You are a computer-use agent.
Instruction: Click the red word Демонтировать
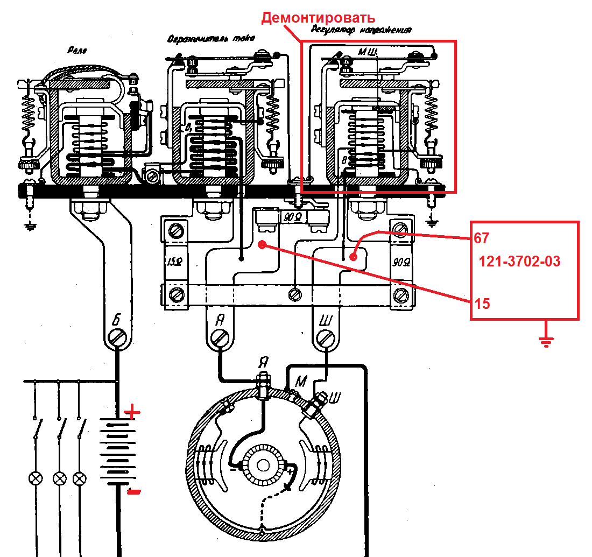pyautogui.click(x=318, y=18)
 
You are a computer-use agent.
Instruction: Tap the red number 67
pyautogui.click(x=482, y=238)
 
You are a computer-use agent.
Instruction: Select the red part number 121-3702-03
pyautogui.click(x=519, y=262)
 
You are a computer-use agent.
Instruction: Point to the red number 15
pyautogui.click(x=483, y=304)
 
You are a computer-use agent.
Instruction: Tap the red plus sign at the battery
pyautogui.click(x=132, y=413)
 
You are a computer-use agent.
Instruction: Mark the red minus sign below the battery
pyautogui.click(x=133, y=491)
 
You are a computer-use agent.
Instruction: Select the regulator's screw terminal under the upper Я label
pyautogui.click(x=220, y=338)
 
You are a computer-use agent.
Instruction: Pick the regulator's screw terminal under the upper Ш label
pyautogui.click(x=325, y=338)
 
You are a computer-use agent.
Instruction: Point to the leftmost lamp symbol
pyautogui.click(x=36, y=477)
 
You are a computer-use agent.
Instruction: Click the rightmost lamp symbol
pyautogui.click(x=80, y=477)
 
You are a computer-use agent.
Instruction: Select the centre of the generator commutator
pyautogui.click(x=263, y=466)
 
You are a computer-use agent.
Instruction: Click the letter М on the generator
pyautogui.click(x=301, y=382)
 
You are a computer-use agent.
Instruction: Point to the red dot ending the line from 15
pyautogui.click(x=262, y=245)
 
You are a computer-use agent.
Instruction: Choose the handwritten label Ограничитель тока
pyautogui.click(x=210, y=39)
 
